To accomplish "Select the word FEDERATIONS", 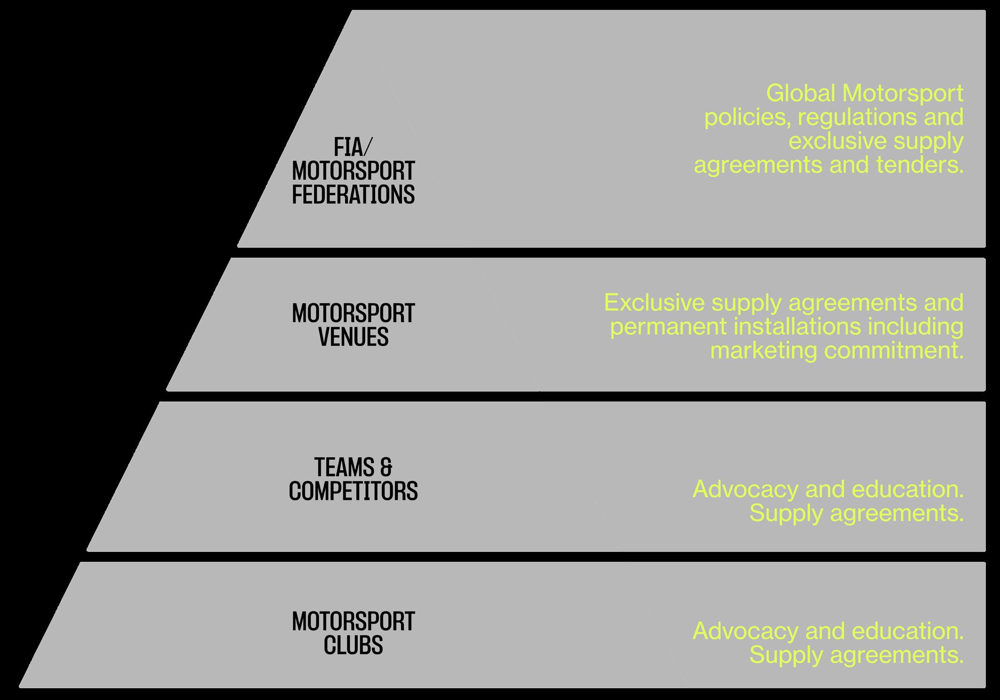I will (x=353, y=195).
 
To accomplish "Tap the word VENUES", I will (x=353, y=337).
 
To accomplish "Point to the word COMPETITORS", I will (x=353, y=491).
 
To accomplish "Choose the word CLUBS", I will (x=353, y=645).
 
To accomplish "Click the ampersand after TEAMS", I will (x=386, y=467).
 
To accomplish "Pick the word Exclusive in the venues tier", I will (x=654, y=302).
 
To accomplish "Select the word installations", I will (x=796, y=326).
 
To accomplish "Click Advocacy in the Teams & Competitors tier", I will (x=745, y=490).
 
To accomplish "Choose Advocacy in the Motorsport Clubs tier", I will (x=745, y=631).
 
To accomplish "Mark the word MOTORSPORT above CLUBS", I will (x=353, y=621).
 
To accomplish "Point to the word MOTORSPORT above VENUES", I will (x=353, y=313).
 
